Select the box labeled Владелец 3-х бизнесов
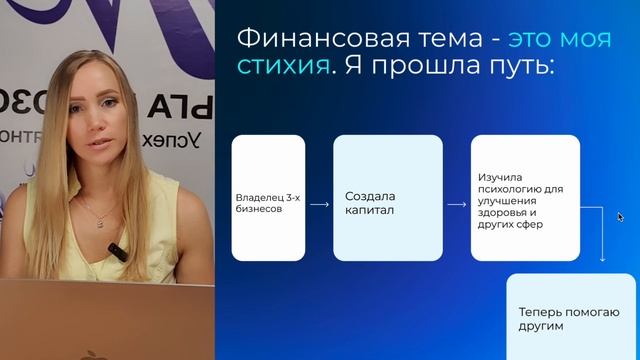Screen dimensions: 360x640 pyautogui.click(x=268, y=197)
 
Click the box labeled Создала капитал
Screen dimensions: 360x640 pyautogui.click(x=386, y=197)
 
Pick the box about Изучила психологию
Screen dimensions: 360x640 pyautogui.click(x=525, y=197)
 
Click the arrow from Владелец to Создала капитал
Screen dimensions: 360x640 pyautogui.click(x=319, y=204)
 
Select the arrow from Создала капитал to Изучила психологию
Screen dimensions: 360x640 pyautogui.click(x=456, y=204)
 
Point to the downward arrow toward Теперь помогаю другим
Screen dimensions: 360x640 pyautogui.click(x=602, y=240)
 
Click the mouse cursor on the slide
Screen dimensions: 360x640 pyautogui.click(x=621, y=216)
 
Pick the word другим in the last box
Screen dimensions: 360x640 pyautogui.click(x=541, y=326)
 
